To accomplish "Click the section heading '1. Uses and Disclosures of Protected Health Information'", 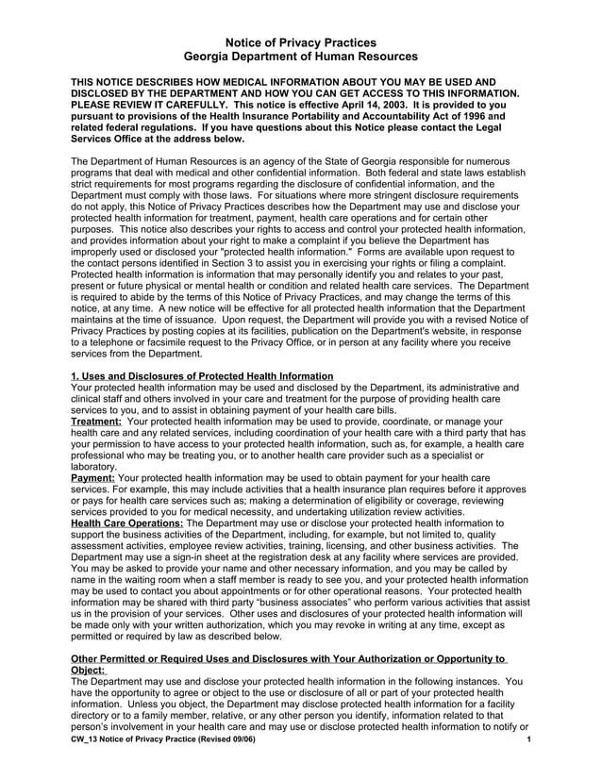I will pyautogui.click(x=202, y=376).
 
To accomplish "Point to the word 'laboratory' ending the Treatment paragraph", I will pyautogui.click(x=94, y=467).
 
